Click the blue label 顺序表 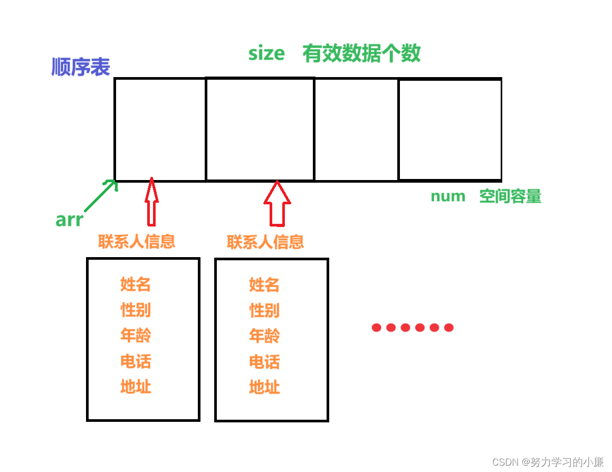tap(81, 67)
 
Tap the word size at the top tap(266, 53)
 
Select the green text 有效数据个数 tap(361, 53)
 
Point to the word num tap(448, 196)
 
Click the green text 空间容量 tap(510, 196)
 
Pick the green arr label tap(69, 220)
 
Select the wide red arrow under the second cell tap(277, 204)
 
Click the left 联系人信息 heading tap(137, 241)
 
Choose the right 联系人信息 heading tap(265, 242)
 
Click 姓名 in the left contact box tap(136, 284)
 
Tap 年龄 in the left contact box tap(136, 335)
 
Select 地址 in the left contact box tap(136, 386)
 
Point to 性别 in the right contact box tap(264, 310)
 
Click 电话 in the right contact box tap(264, 362)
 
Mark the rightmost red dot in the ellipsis tap(448, 328)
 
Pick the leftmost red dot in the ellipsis tap(376, 328)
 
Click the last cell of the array tap(450, 130)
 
